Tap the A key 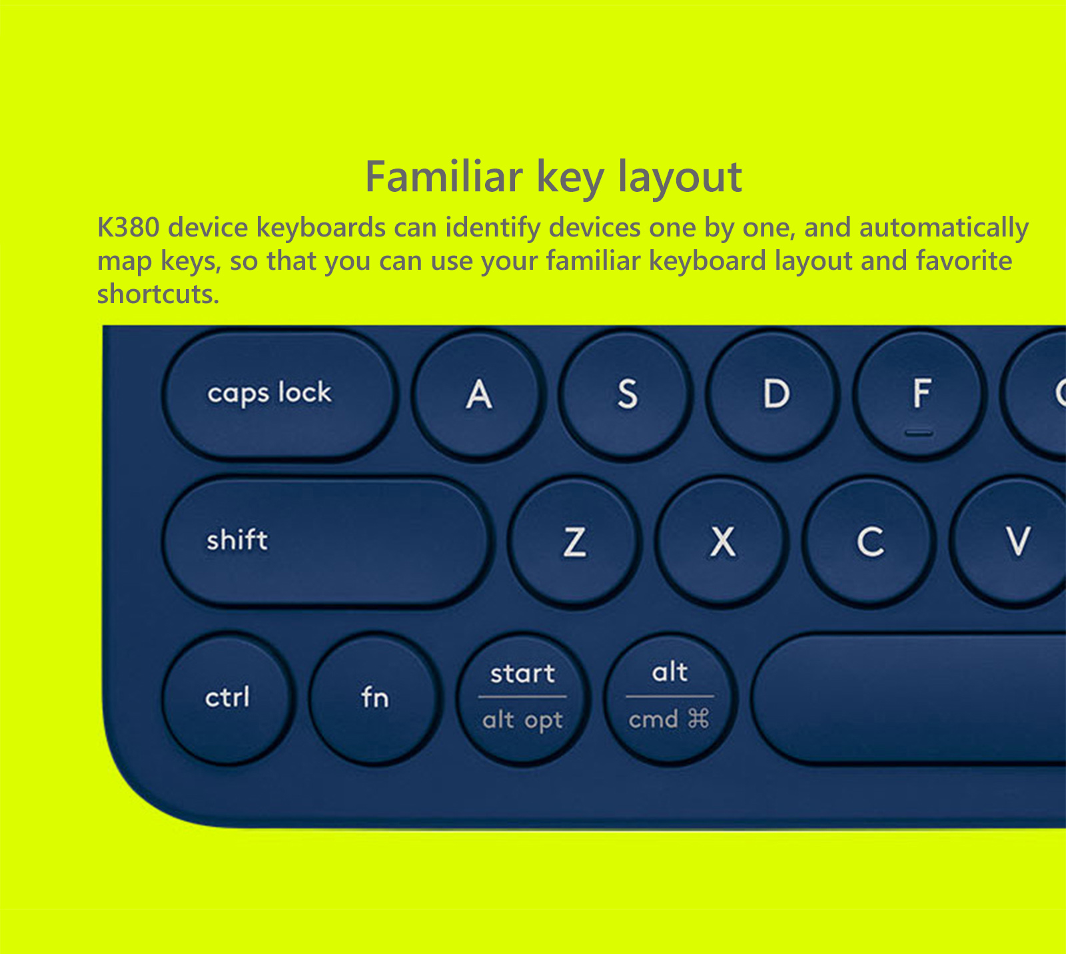[x=478, y=394]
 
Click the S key [x=626, y=394]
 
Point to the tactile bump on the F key [x=919, y=433]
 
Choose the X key [x=722, y=542]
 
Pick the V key [x=1013, y=542]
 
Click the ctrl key [x=228, y=698]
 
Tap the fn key [x=375, y=698]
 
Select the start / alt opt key [x=522, y=698]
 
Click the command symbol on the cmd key [x=699, y=719]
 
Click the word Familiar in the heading [x=444, y=177]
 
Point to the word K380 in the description [x=129, y=228]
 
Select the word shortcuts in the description [x=158, y=294]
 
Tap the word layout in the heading [x=680, y=179]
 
